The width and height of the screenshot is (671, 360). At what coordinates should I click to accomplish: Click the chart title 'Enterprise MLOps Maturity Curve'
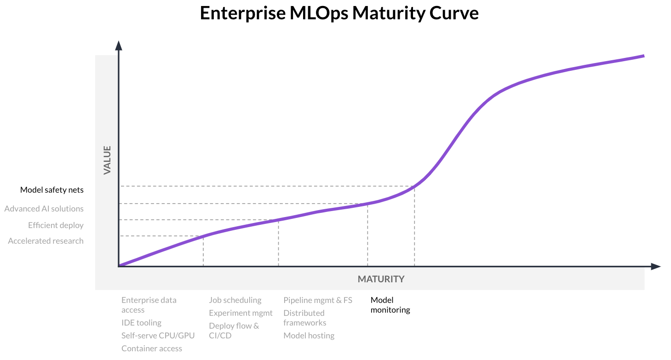click(339, 14)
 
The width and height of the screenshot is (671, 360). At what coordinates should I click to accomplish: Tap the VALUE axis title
click(107, 160)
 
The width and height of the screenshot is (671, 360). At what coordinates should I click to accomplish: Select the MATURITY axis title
click(381, 279)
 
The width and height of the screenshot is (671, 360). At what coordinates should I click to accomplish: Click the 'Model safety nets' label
click(52, 190)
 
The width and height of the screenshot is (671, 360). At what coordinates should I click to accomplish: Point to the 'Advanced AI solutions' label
click(44, 209)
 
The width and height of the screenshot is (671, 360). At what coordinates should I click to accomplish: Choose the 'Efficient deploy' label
click(56, 225)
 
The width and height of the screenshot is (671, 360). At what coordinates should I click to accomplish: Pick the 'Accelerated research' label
click(46, 241)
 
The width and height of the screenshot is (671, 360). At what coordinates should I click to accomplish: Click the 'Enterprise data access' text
click(149, 305)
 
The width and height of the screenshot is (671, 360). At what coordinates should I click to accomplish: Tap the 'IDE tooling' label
click(141, 323)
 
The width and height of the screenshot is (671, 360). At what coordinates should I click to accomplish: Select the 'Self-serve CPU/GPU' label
click(158, 336)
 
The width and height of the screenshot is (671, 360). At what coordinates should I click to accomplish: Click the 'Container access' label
click(152, 349)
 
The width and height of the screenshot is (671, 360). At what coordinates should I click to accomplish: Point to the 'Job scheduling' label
click(235, 300)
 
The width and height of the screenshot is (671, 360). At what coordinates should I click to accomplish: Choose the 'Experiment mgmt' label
click(241, 313)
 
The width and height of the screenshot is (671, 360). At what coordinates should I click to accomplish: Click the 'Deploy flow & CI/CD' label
click(234, 331)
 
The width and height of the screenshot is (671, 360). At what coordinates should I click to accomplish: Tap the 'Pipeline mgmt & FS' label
click(318, 300)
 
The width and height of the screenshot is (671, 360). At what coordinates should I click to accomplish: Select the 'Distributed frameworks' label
click(304, 318)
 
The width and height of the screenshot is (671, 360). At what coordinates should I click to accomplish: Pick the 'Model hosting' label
click(309, 336)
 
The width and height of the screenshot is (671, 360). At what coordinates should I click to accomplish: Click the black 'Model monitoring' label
click(390, 305)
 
